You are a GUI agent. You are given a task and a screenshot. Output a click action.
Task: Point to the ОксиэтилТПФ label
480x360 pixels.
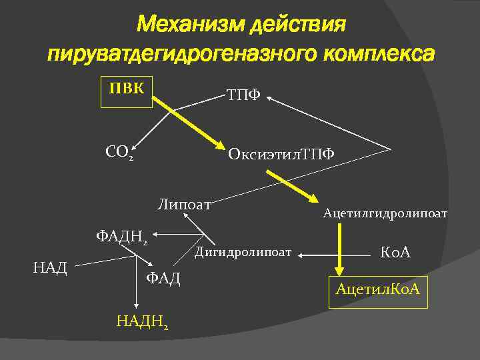tap(281, 155)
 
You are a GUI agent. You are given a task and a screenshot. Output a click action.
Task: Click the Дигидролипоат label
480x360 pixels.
tap(243, 252)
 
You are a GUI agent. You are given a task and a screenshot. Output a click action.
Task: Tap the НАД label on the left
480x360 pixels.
tap(50, 268)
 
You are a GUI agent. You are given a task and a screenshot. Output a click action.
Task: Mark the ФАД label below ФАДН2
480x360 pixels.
tap(163, 278)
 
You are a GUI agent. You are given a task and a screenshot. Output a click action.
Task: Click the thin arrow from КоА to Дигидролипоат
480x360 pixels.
tap(333, 254)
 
